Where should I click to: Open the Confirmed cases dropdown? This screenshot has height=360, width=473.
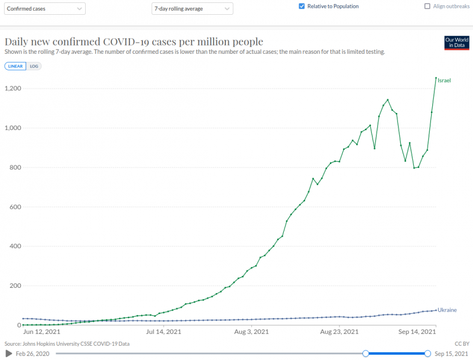[45, 9]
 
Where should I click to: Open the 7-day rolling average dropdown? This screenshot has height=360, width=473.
[192, 9]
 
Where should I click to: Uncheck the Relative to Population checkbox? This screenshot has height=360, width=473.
[302, 7]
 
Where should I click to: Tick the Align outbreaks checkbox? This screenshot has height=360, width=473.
[427, 7]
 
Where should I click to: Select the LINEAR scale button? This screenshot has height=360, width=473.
[15, 66]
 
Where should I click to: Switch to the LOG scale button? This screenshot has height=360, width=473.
[34, 66]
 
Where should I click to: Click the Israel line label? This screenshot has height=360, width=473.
[444, 80]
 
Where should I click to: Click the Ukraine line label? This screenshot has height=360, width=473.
[447, 310]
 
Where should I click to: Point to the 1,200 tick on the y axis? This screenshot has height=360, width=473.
[14, 89]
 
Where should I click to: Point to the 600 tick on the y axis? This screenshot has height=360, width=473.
[17, 207]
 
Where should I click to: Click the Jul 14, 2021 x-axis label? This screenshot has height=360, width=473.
[164, 332]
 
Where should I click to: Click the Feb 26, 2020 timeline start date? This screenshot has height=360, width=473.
[33, 353]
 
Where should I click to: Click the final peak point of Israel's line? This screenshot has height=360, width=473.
[436, 78]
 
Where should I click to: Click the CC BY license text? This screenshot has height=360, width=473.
[461, 343]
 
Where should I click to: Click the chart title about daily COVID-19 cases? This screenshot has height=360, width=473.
[134, 42]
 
